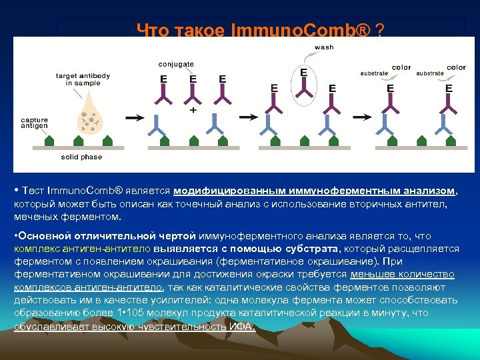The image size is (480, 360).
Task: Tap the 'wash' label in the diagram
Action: pyautogui.click(x=324, y=47)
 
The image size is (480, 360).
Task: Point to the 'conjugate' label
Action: pyautogui.click(x=176, y=64)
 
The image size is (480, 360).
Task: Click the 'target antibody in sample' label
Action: pyautogui.click(x=83, y=79)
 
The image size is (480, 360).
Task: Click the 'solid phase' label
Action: pyautogui.click(x=81, y=157)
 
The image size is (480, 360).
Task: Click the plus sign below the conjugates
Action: pyautogui.click(x=193, y=110)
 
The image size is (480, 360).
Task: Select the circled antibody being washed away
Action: pyautogui.click(x=305, y=83)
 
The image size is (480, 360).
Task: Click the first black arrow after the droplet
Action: pyautogui.click(x=134, y=118)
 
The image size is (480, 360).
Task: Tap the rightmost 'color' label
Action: pyautogui.click(x=457, y=67)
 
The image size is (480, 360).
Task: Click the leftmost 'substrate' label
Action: pyautogui.click(x=374, y=72)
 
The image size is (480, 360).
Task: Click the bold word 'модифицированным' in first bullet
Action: pyautogui.click(x=219, y=191)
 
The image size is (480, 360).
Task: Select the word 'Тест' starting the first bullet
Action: pyautogui.click(x=31, y=191)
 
